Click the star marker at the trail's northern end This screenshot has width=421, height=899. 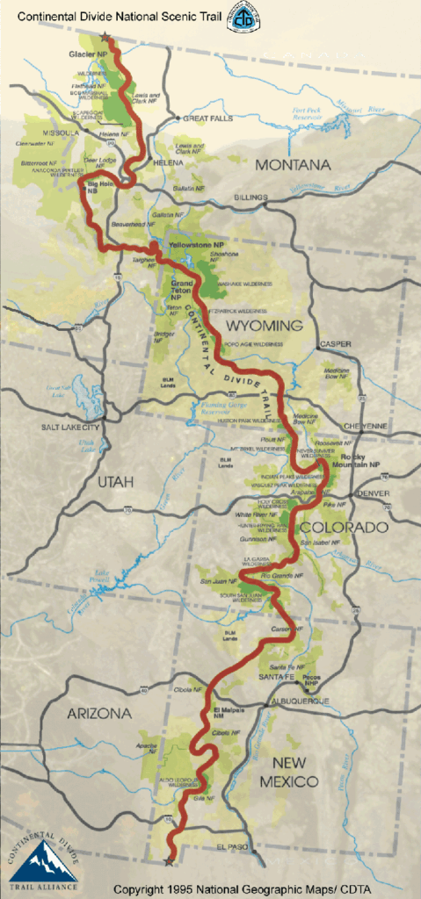[105, 38]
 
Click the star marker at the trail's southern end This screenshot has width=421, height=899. [169, 861]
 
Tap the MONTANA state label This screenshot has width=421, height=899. [293, 165]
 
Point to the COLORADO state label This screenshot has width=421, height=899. [343, 527]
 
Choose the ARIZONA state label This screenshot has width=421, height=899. [99, 714]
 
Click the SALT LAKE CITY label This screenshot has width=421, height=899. [71, 427]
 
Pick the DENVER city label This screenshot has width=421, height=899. [374, 494]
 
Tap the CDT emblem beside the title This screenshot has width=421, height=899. [243, 18]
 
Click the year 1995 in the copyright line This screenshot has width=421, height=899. [179, 888]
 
